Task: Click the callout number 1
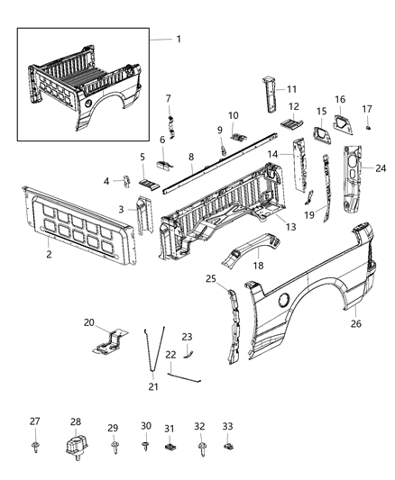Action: [178, 40]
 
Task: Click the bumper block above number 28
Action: [77, 447]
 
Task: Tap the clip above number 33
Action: [229, 444]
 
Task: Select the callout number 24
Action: [381, 168]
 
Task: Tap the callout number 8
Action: [191, 157]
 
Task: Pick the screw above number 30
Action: [146, 445]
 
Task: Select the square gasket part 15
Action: [320, 133]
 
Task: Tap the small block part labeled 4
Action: [127, 181]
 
